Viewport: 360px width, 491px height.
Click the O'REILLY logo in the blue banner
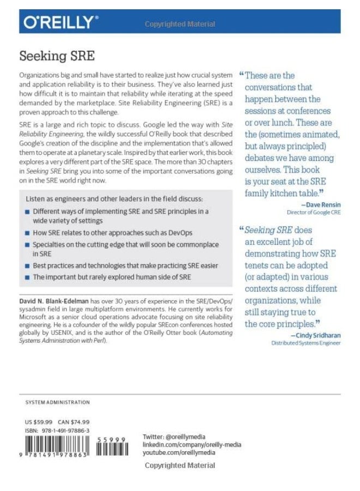(x=61, y=22)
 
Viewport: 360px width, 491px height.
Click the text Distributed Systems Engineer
(x=305, y=343)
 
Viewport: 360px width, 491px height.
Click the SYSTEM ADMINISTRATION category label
(x=57, y=402)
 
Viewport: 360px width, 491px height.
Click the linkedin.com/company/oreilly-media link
(x=191, y=445)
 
